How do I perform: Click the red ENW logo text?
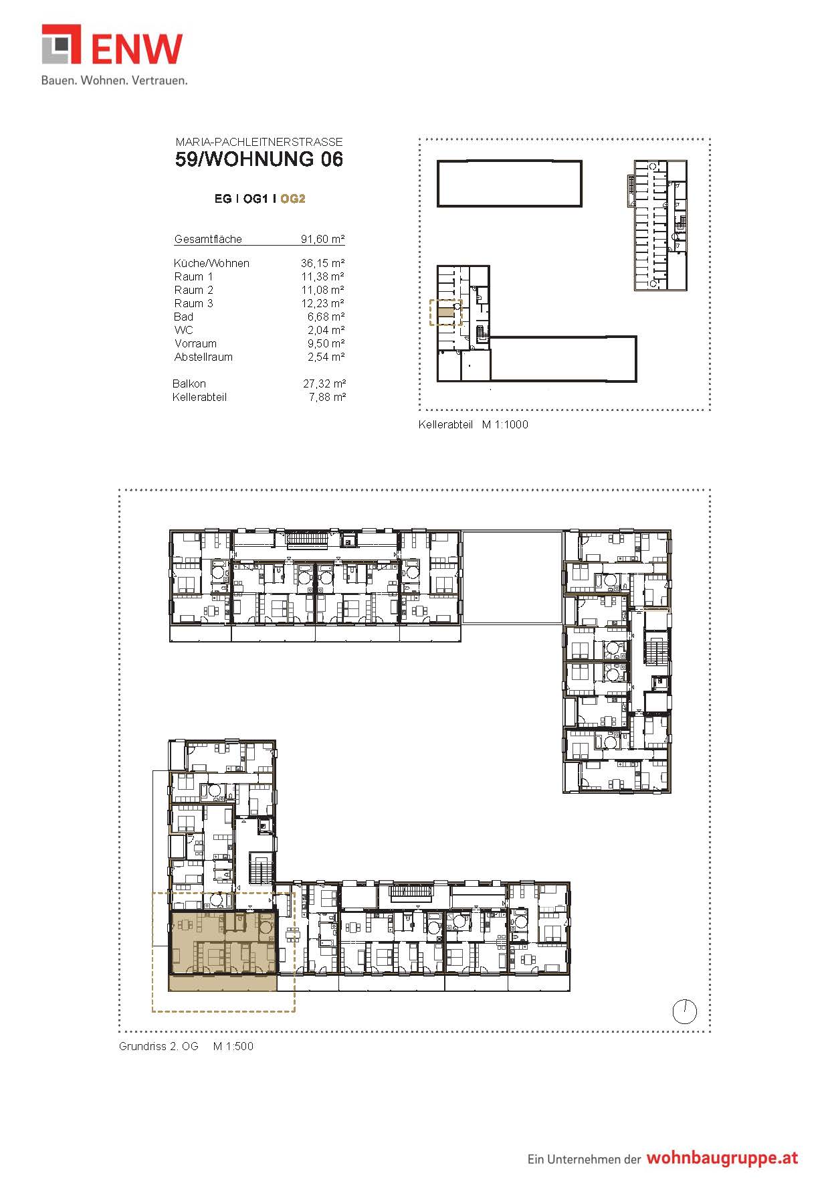[136, 49]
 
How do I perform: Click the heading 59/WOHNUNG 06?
[260, 159]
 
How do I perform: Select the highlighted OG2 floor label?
[293, 199]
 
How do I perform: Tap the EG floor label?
[223, 199]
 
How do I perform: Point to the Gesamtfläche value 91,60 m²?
[323, 239]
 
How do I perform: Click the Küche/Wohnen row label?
[211, 263]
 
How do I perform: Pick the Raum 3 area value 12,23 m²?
[323, 303]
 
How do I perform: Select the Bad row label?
[184, 317]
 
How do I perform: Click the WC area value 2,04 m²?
[326, 330]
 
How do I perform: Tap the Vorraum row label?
[195, 343]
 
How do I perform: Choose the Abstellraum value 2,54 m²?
[326, 357]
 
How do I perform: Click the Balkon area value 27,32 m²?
[324, 384]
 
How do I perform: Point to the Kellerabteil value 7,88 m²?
[327, 397]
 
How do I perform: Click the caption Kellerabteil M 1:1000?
[474, 424]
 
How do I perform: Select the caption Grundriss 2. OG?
[159, 1046]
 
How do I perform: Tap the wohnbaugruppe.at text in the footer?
[722, 1159]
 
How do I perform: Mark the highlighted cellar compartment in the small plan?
[445, 313]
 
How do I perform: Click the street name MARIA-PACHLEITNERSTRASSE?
[260, 142]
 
